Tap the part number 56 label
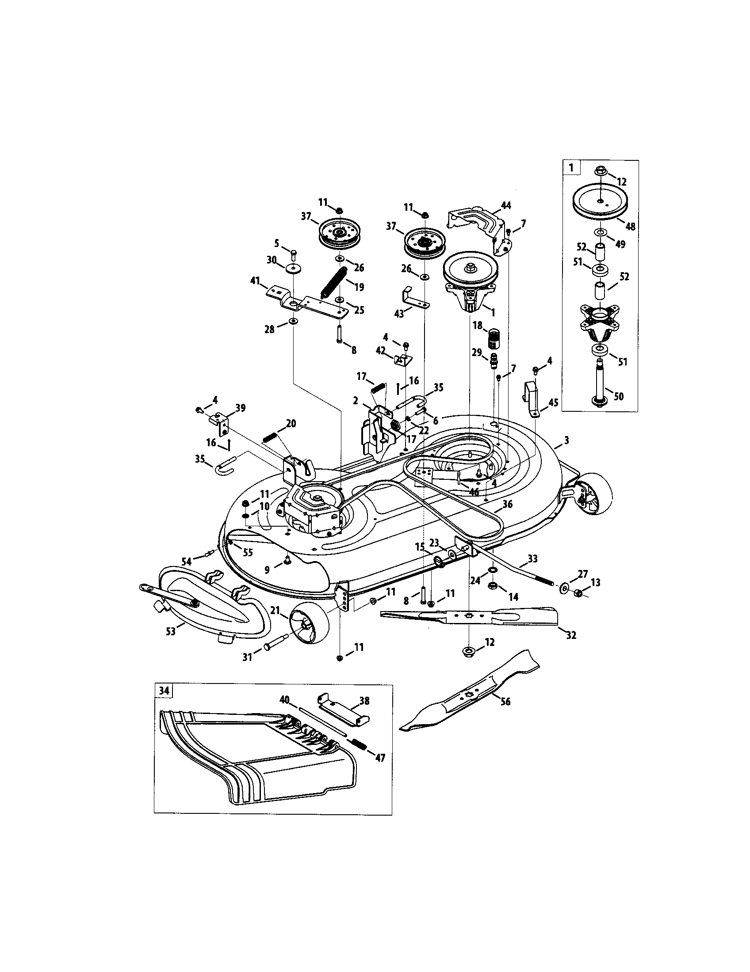(505, 702)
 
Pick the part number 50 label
(618, 396)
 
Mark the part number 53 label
(171, 631)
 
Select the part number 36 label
(507, 504)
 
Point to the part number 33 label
(532, 558)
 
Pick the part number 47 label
(380, 757)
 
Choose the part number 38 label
(364, 700)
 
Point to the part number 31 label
(247, 656)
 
